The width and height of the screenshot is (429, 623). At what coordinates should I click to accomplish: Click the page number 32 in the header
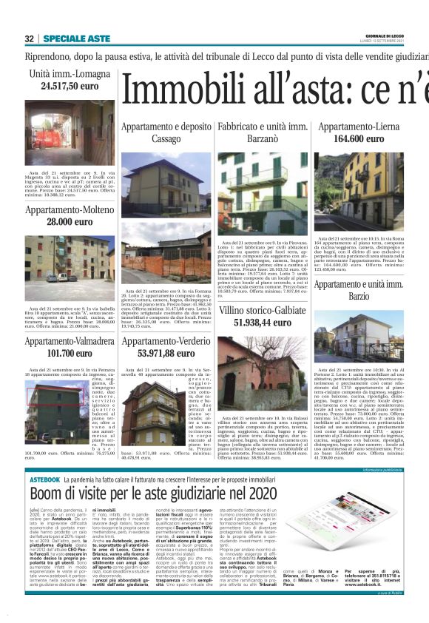pyautogui.click(x=30, y=38)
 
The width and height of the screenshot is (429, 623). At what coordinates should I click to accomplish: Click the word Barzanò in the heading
pyautogui.click(x=263, y=139)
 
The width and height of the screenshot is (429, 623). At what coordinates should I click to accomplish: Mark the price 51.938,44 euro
pyautogui.click(x=263, y=323)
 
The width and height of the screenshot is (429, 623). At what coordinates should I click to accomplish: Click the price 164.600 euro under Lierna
pyautogui.click(x=359, y=139)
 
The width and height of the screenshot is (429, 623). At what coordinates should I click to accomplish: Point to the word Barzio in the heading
pyautogui.click(x=359, y=297)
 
